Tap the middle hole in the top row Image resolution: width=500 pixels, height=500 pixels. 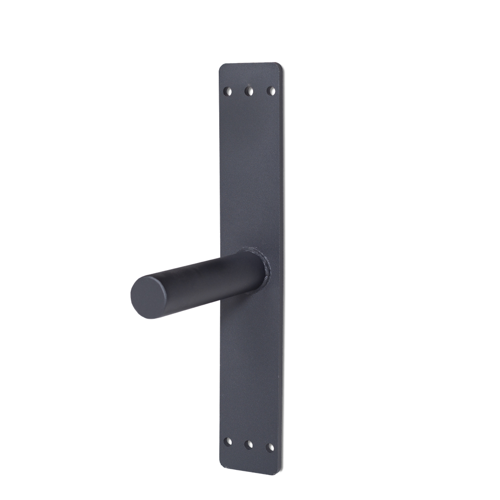249,92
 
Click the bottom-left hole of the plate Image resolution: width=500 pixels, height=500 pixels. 228,441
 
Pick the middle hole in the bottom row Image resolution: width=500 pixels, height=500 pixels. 248,444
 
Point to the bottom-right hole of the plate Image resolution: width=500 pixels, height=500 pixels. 270,447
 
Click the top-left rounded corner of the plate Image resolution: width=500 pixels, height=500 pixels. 223,67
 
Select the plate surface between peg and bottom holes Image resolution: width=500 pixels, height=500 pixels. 253,365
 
